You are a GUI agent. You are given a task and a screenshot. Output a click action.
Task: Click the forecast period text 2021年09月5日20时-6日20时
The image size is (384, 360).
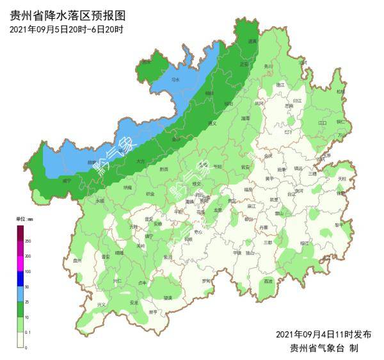click(67, 29)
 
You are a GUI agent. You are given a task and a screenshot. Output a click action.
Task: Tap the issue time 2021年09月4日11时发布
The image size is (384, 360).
click(323, 334)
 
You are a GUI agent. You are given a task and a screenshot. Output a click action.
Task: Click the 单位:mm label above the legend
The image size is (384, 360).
click(25, 219)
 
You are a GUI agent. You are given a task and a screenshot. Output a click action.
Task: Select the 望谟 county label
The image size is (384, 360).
click(168, 298)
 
